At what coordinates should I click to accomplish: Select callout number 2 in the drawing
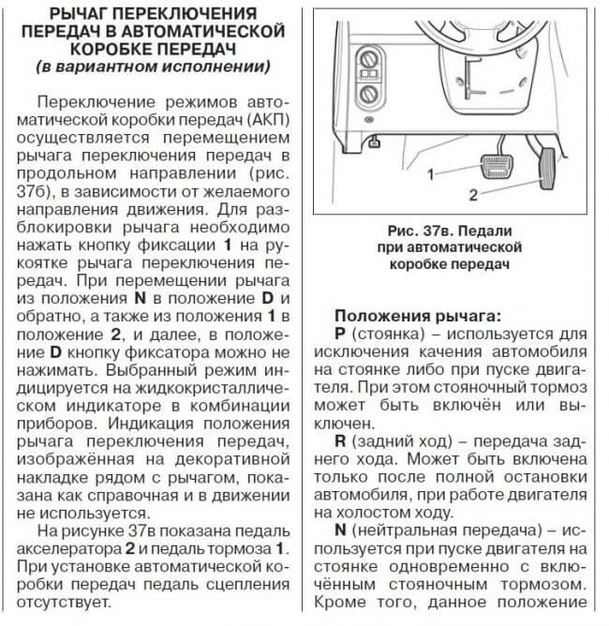point(474,195)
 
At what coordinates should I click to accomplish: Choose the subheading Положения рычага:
point(418,316)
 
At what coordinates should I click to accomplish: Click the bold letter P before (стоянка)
point(339,334)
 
